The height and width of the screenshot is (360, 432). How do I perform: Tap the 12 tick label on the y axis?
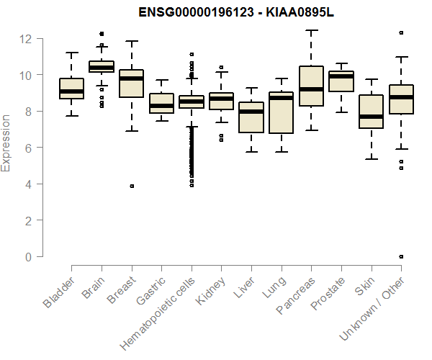tap(27, 38)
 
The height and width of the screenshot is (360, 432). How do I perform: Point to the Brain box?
tap(102, 66)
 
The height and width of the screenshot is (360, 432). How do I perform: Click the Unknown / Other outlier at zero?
tap(401, 256)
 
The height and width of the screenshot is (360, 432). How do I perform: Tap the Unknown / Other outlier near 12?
tap(401, 32)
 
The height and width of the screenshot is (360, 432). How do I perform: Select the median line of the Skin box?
tap(372, 117)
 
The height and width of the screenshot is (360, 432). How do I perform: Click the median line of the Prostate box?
tap(341, 76)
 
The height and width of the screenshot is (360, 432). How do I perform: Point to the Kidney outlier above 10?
tap(221, 67)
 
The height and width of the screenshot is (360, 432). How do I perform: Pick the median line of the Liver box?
tap(251, 112)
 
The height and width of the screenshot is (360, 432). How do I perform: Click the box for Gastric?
tap(161, 104)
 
